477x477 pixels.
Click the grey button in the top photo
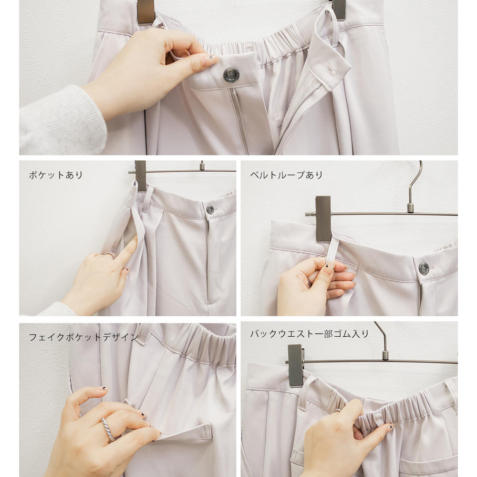point(231,75)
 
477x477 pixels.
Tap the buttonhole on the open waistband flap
point(330,69)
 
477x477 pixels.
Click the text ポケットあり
point(56,175)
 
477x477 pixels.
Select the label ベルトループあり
point(286,175)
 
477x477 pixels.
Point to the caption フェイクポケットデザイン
point(83,337)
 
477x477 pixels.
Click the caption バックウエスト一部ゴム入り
point(310,334)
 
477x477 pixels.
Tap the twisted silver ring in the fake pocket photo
point(108,429)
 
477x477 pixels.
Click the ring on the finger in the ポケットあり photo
point(110,255)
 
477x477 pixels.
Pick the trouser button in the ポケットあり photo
point(210,209)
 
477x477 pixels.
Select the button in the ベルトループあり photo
point(424,268)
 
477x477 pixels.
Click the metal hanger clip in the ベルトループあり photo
point(323,219)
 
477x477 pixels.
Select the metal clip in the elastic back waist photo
point(296,365)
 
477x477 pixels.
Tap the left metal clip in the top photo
point(146,11)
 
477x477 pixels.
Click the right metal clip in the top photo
point(339,9)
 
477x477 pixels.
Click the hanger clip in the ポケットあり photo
point(141,176)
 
